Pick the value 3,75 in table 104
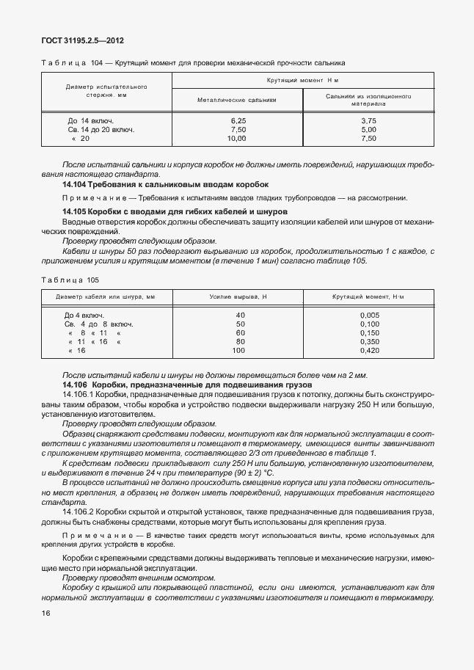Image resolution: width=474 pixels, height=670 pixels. pyautogui.click(x=368, y=120)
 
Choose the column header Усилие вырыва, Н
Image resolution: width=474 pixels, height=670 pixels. pyautogui.click(x=239, y=296)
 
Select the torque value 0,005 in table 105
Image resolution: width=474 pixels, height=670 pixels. pyautogui.click(x=370, y=315)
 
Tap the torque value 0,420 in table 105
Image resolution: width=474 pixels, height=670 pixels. pyautogui.click(x=370, y=351)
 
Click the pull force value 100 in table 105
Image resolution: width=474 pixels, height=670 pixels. pyautogui.click(x=238, y=351)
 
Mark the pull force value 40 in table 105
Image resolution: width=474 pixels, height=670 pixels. pyautogui.click(x=240, y=315)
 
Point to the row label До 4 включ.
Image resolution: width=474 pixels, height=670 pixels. pyautogui.click(x=84, y=315)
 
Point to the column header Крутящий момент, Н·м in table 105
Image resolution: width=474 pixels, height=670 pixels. pyautogui.click(x=370, y=296)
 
